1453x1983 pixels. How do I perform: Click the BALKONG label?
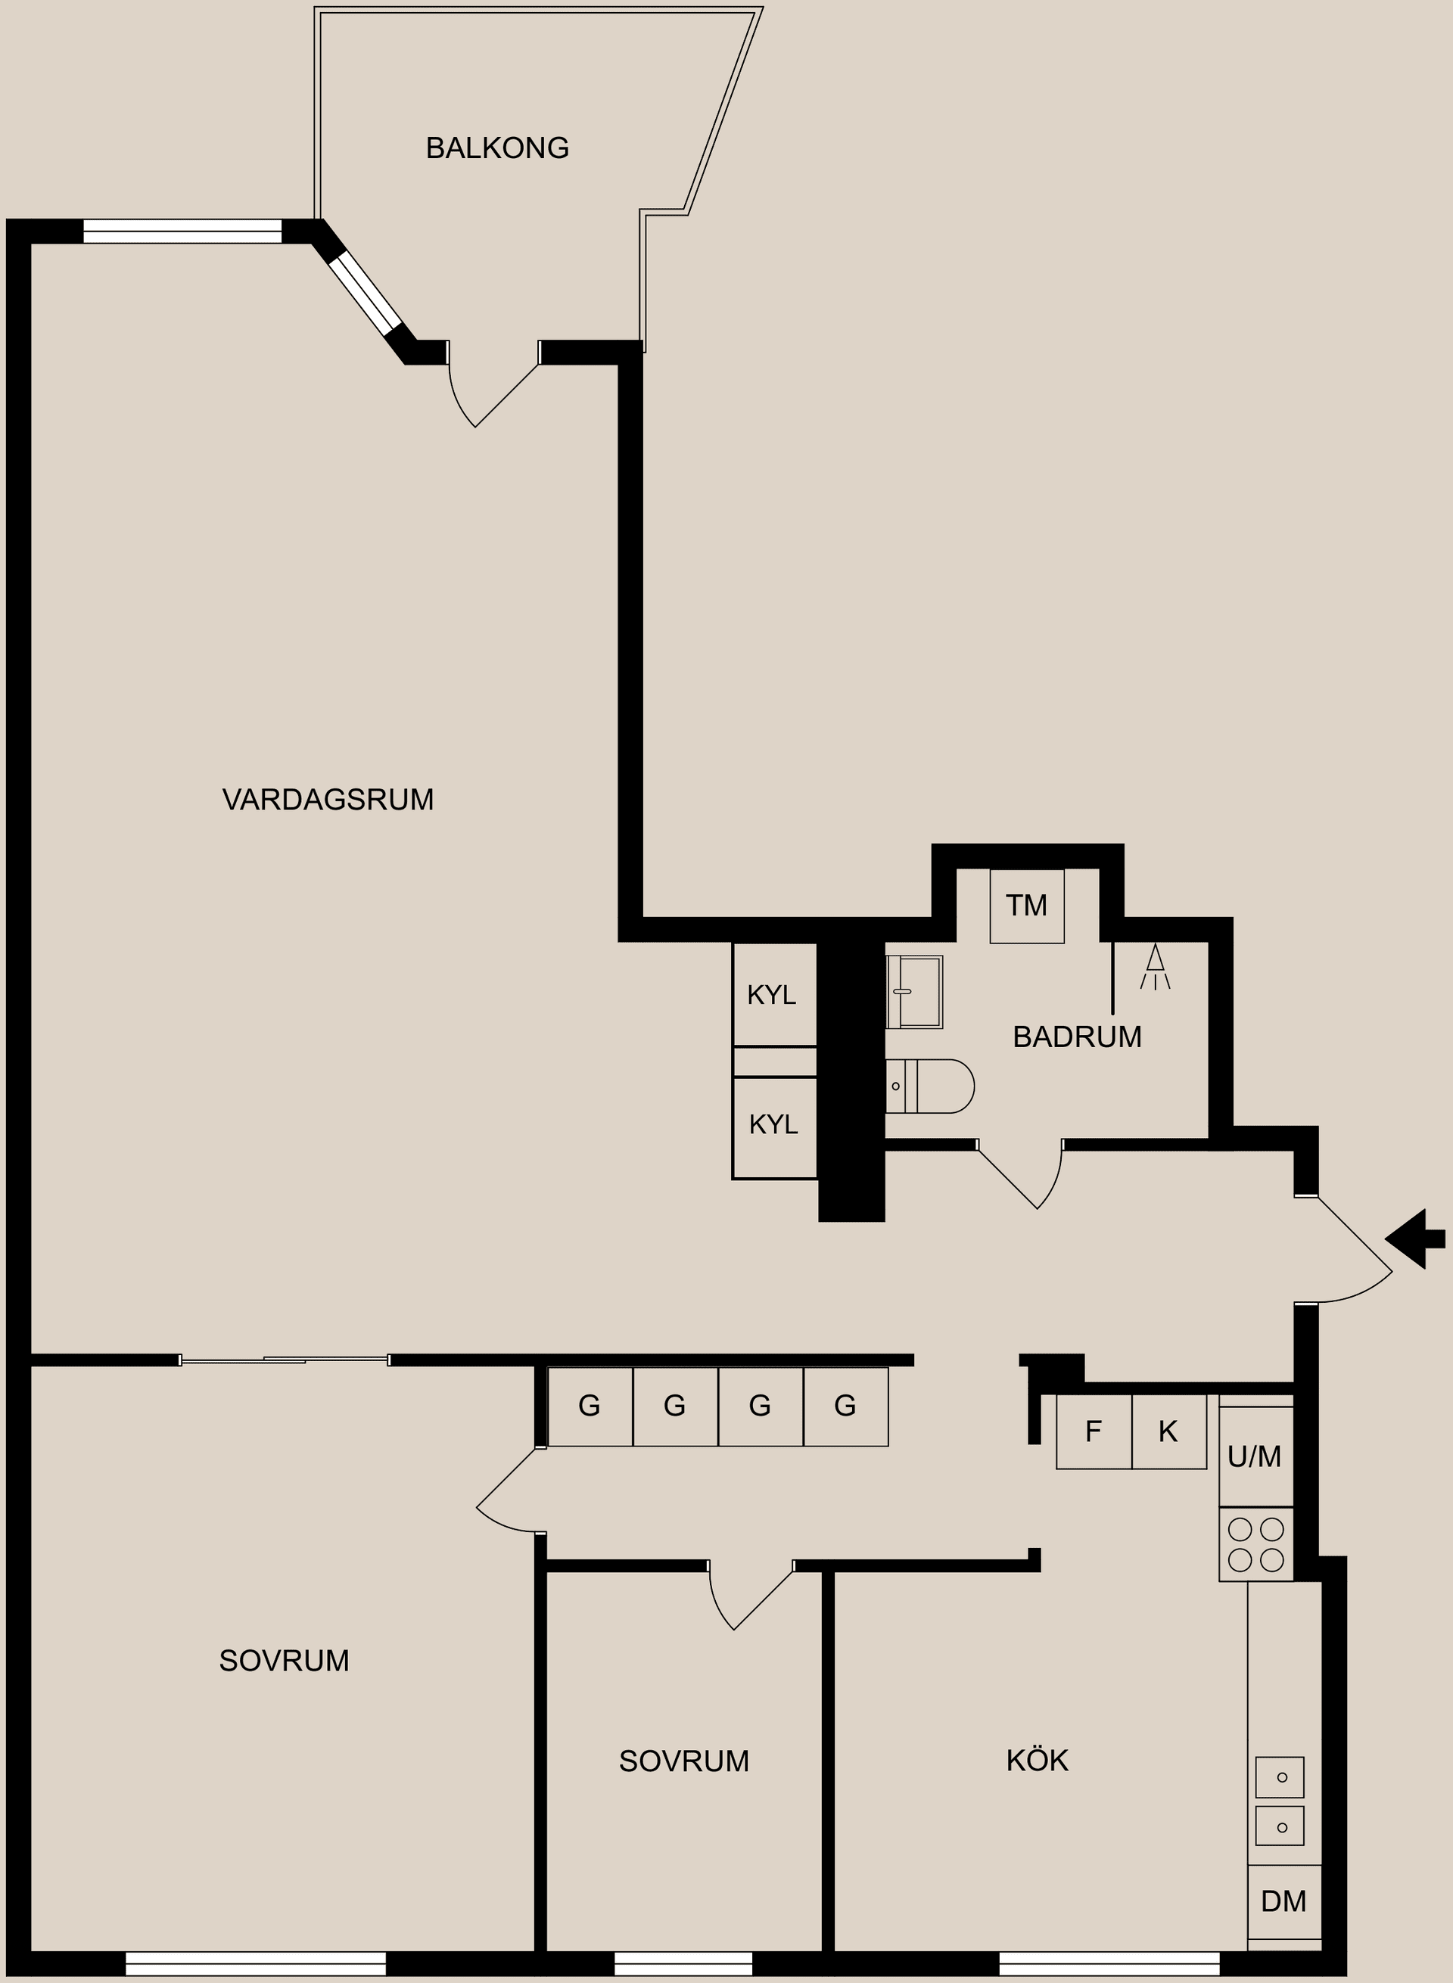(x=497, y=148)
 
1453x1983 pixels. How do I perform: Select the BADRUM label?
(x=1077, y=1037)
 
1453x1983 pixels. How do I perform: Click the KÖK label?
(x=1037, y=1761)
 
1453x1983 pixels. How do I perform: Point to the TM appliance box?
(x=1026, y=906)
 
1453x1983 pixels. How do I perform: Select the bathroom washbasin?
(x=915, y=992)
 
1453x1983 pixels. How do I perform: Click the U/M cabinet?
(x=1255, y=1457)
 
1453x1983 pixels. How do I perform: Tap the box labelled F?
(x=1094, y=1432)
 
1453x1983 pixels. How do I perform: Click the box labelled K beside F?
(x=1168, y=1432)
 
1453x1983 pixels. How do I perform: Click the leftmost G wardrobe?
(x=590, y=1406)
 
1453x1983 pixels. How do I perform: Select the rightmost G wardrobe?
(x=845, y=1406)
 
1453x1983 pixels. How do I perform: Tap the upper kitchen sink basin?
(x=1279, y=1777)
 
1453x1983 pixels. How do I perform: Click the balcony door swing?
(x=488, y=391)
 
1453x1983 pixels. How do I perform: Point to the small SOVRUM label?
(x=683, y=1761)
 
